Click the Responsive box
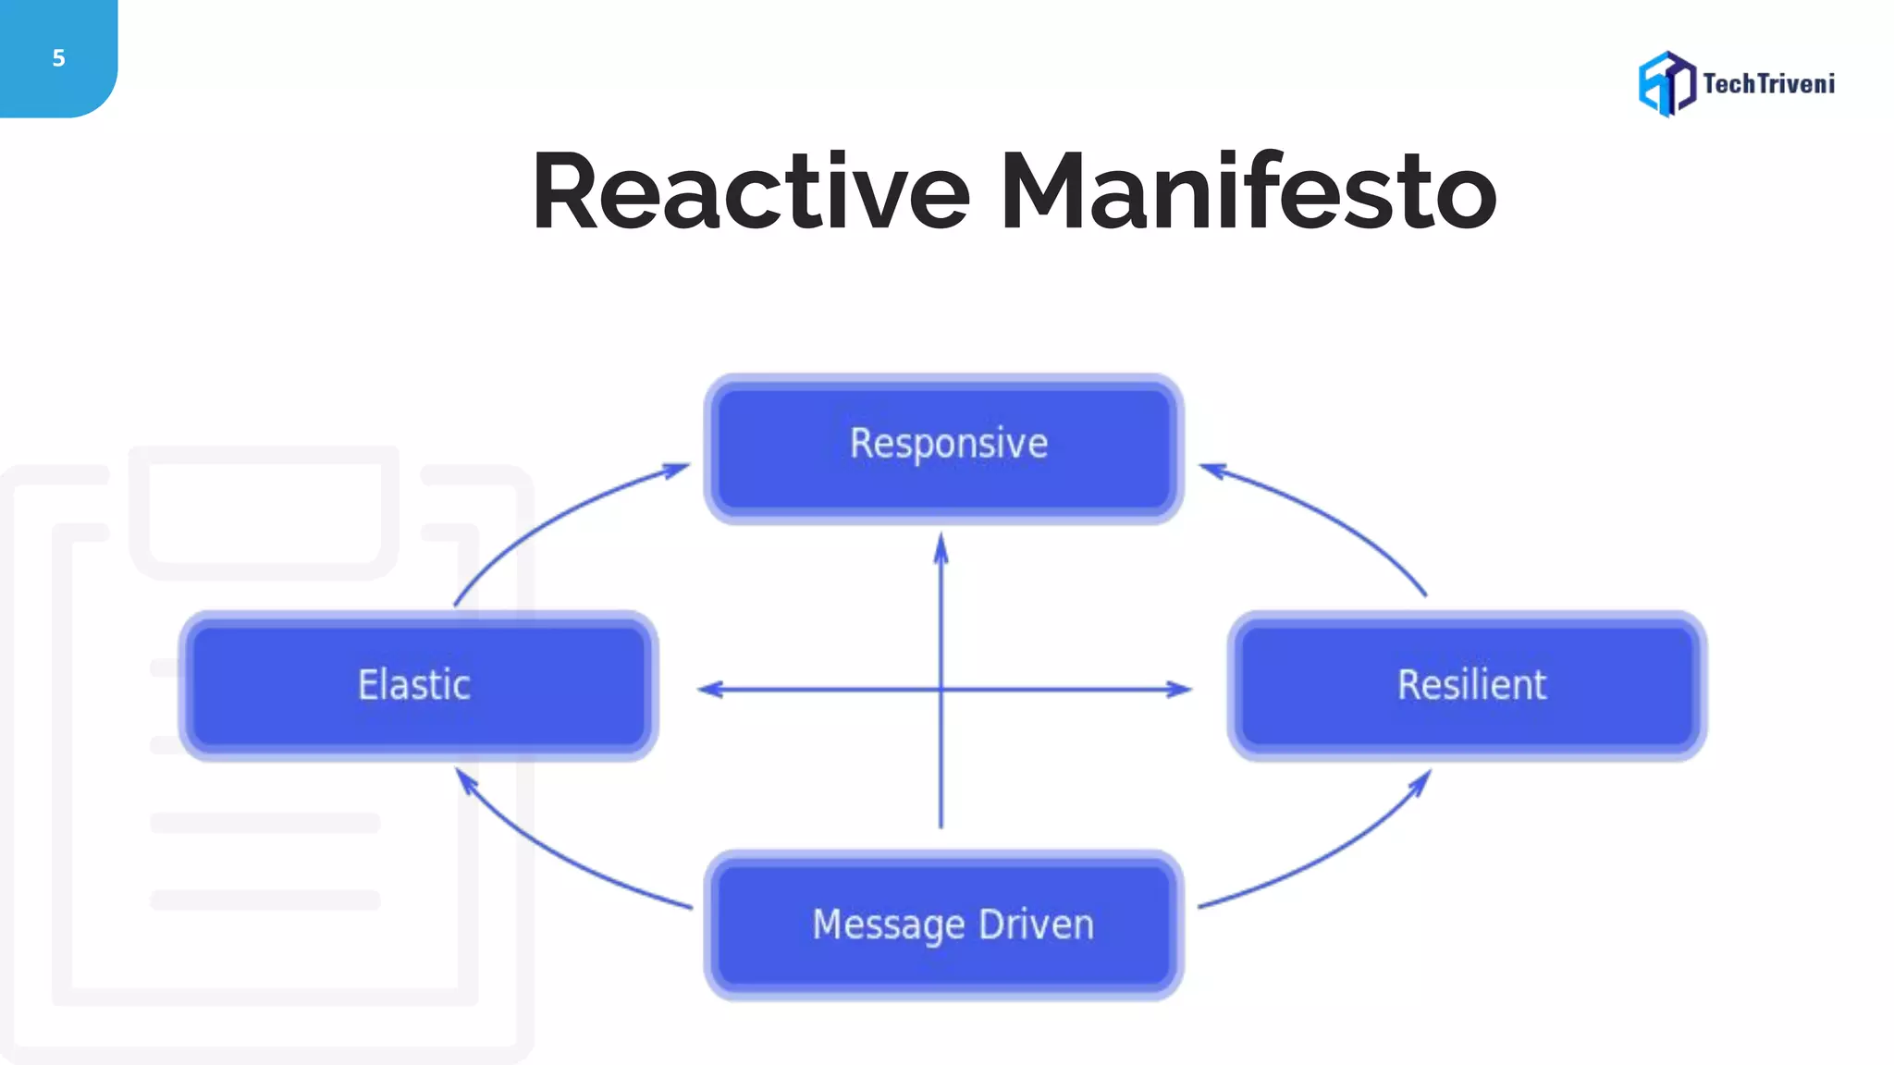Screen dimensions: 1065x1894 coord(944,449)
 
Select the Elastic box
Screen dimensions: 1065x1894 coord(418,686)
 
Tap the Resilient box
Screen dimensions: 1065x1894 coord(1468,686)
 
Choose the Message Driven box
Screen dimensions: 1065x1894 coord(944,924)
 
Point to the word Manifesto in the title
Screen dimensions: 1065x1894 coord(1248,191)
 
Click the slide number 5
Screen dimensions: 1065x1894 coord(58,58)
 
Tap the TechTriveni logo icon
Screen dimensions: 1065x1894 coord(1666,83)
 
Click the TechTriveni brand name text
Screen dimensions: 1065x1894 coord(1768,84)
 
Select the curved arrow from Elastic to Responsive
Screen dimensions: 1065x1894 coord(546,518)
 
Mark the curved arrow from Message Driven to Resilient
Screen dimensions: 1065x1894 coord(1332,855)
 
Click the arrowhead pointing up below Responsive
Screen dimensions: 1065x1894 coord(941,547)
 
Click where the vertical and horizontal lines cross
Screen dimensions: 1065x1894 coord(941,690)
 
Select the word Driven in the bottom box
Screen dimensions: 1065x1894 coord(1036,924)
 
